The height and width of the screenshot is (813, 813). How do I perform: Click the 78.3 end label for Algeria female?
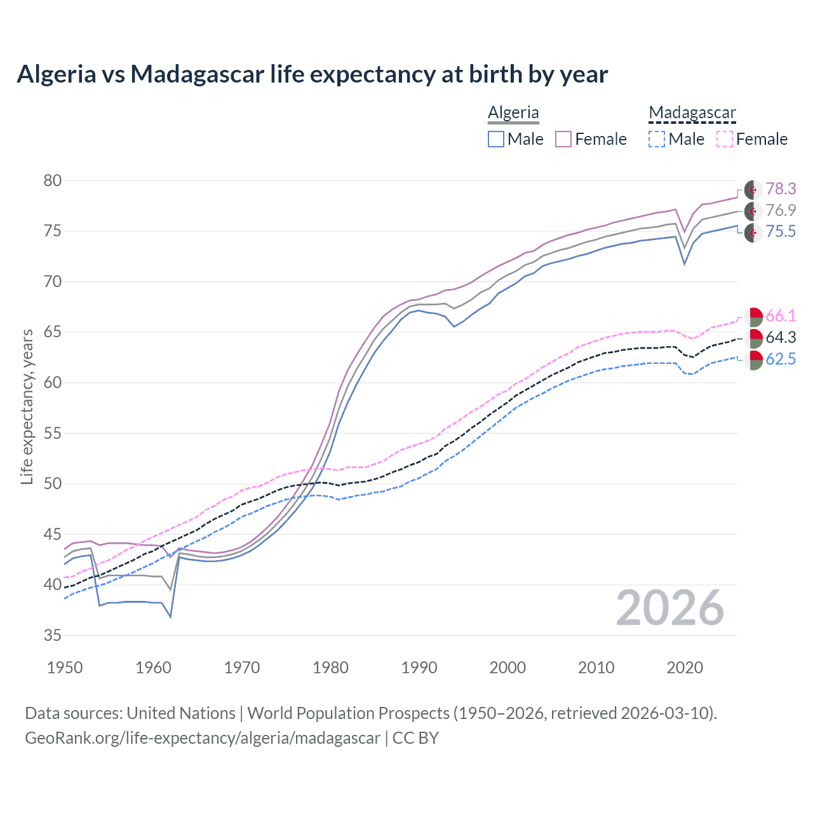tap(781, 189)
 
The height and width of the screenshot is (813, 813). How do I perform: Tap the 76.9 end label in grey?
tap(781, 210)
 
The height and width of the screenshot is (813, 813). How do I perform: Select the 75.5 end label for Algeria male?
tap(781, 231)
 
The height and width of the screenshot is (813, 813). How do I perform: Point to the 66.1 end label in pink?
tap(781, 316)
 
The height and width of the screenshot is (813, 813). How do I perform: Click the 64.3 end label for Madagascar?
tap(781, 337)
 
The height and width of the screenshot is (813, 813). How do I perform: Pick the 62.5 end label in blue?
tap(781, 359)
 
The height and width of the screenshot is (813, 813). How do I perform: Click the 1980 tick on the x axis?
tap(330, 668)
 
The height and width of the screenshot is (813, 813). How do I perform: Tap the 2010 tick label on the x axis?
tap(596, 668)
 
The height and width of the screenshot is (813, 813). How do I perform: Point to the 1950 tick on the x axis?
tap(65, 668)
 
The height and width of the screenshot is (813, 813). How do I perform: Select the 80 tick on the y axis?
tap(52, 180)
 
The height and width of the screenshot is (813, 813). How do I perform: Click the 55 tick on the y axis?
tap(52, 433)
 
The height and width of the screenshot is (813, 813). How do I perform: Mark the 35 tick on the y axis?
tap(52, 635)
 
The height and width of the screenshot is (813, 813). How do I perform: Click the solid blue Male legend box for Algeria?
tap(496, 139)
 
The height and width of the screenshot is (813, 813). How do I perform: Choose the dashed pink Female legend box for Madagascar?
tap(725, 139)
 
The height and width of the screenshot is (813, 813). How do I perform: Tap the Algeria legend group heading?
tap(513, 112)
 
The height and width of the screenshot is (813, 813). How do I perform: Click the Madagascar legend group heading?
tap(692, 112)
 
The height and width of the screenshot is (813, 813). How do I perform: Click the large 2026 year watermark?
tap(669, 608)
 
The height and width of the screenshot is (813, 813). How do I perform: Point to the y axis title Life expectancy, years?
tap(27, 406)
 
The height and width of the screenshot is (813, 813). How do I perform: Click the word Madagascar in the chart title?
tap(197, 74)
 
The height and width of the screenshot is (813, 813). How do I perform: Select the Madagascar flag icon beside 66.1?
tap(753, 316)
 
